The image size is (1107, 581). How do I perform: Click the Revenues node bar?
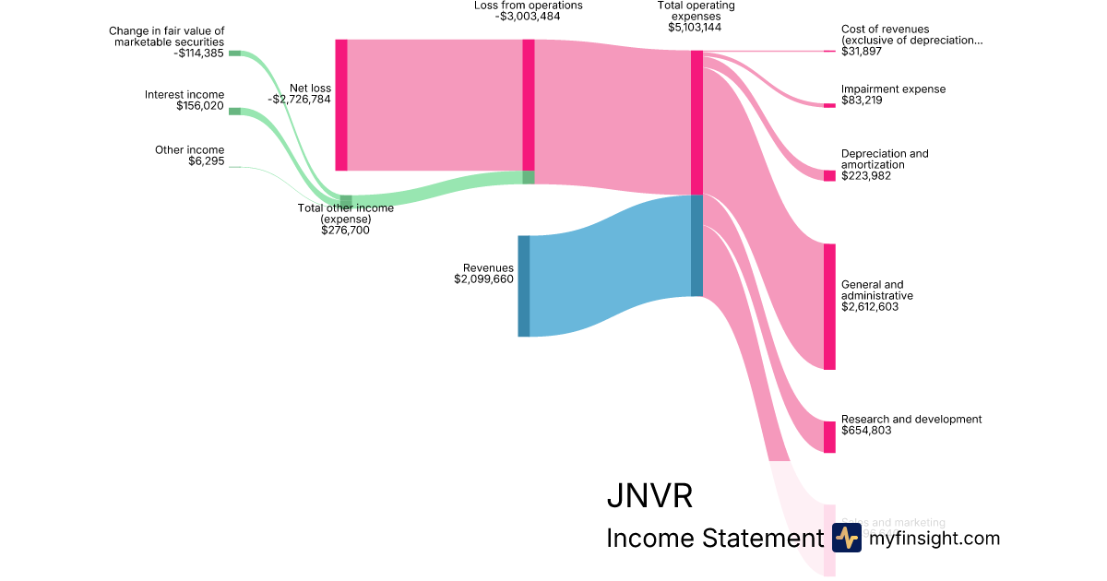point(523,286)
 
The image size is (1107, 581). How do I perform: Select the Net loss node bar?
point(341,105)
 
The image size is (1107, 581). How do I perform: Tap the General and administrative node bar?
point(829,306)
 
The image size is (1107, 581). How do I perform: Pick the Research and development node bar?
point(829,437)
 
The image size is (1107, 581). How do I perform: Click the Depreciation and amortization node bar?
point(829,175)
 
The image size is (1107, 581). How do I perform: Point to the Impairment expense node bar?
point(829,105)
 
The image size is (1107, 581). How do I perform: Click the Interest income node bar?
point(234,112)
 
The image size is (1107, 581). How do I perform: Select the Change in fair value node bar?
point(234,53)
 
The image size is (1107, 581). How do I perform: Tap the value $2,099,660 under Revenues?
point(483,279)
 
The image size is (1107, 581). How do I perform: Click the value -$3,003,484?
point(528,17)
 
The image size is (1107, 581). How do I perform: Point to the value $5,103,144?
point(695,28)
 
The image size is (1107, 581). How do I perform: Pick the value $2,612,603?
point(870,307)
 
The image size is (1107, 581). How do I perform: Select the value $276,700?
point(345,231)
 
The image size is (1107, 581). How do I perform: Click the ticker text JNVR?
point(649,496)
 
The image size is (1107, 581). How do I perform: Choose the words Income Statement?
point(713,539)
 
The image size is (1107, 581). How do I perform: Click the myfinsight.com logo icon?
point(846,538)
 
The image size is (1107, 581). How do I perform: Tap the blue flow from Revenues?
point(609,267)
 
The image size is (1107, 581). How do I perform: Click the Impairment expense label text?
point(893,89)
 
